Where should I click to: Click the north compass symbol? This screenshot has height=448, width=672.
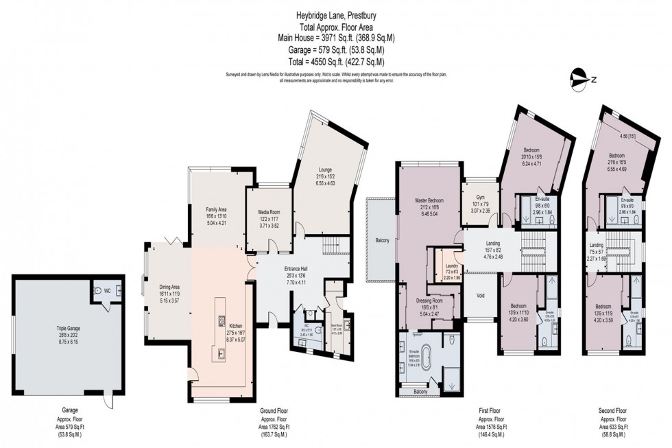point(581,79)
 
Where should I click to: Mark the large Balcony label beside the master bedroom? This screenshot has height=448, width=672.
point(383,240)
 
